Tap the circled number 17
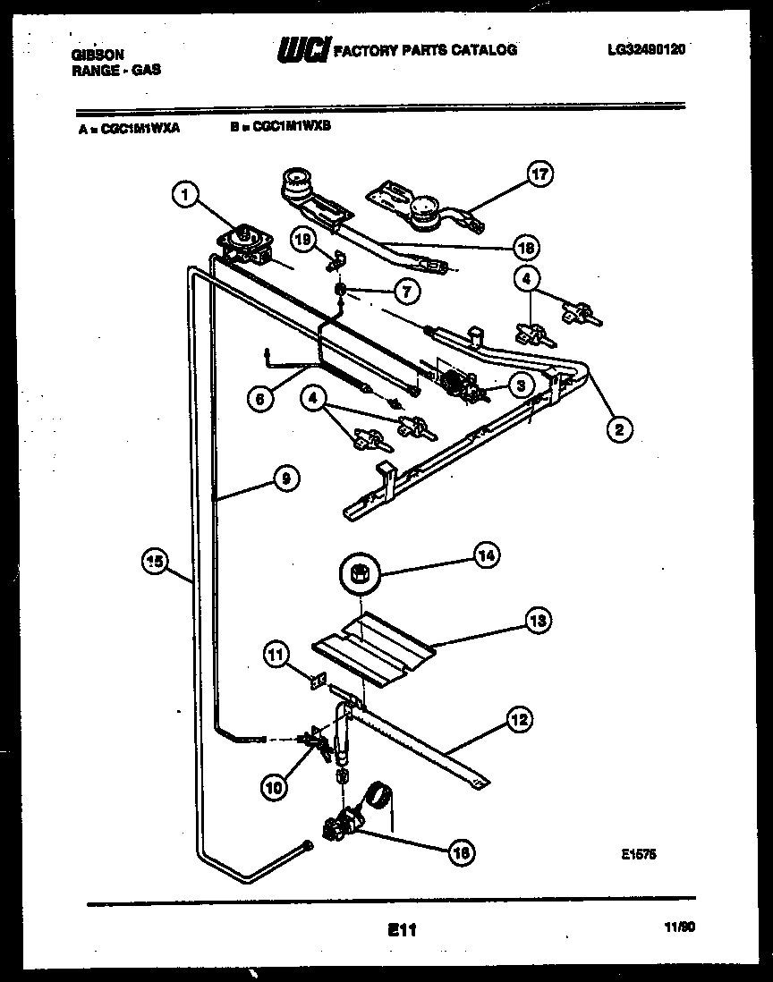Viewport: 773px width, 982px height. point(540,174)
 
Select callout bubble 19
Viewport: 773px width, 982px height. point(302,237)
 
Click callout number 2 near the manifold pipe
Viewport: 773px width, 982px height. point(616,428)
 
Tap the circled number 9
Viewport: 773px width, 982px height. point(285,478)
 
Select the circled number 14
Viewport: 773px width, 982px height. point(487,556)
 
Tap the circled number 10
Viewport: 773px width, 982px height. point(276,787)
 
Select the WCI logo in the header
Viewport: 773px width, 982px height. point(304,50)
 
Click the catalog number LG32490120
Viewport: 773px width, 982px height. point(646,50)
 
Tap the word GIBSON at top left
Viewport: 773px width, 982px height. point(98,54)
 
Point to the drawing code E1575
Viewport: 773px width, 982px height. point(640,854)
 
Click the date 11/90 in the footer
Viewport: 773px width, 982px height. point(681,928)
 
